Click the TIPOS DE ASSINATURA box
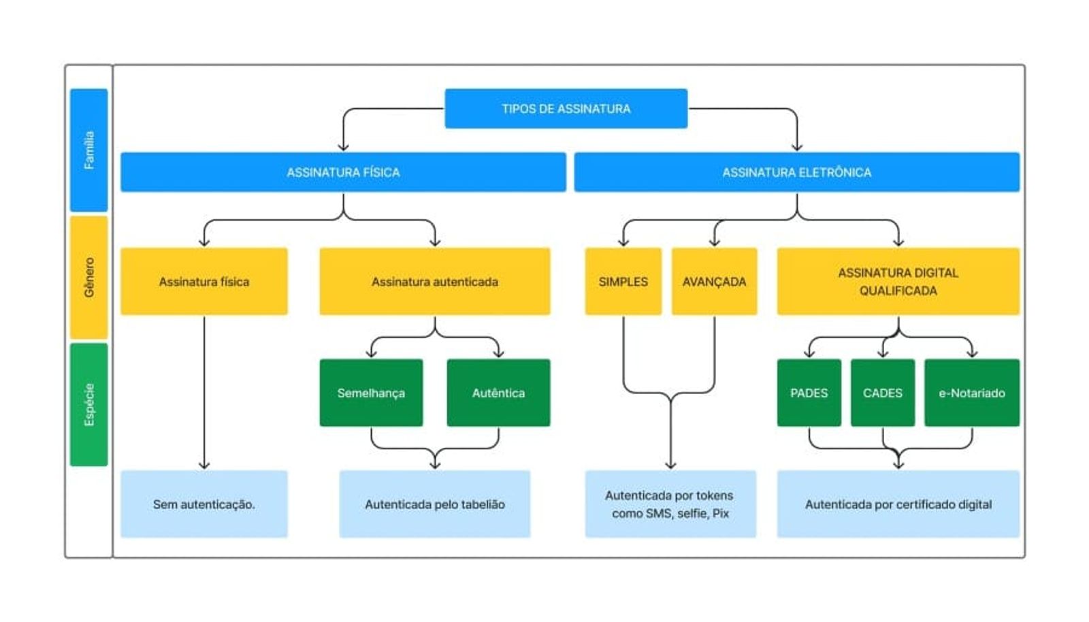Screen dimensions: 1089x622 coord(566,108)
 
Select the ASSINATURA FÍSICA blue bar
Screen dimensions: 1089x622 coord(343,172)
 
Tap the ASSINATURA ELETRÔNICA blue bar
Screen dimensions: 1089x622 coord(797,172)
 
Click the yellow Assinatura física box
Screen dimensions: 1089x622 coord(204,281)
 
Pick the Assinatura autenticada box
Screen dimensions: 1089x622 coord(435,281)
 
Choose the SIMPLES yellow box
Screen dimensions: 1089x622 coord(623,281)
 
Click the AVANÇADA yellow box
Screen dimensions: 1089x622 coord(714,281)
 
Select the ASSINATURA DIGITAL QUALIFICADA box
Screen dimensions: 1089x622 coord(898,281)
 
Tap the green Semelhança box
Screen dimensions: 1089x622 coord(371,393)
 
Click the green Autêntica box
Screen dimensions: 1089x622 coord(498,393)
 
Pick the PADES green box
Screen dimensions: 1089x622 coord(809,393)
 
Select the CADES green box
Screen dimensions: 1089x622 coord(882,393)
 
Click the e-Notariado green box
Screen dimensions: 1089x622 coord(972,393)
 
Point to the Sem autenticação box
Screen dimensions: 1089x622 coord(204,504)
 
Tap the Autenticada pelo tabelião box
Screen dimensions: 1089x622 coord(435,504)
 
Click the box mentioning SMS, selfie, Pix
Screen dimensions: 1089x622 coord(670,504)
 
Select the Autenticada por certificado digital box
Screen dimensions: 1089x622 coord(898,504)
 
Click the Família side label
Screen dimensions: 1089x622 coord(89,150)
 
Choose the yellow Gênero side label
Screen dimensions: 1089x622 coord(89,278)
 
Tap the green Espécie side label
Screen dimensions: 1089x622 coord(89,405)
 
